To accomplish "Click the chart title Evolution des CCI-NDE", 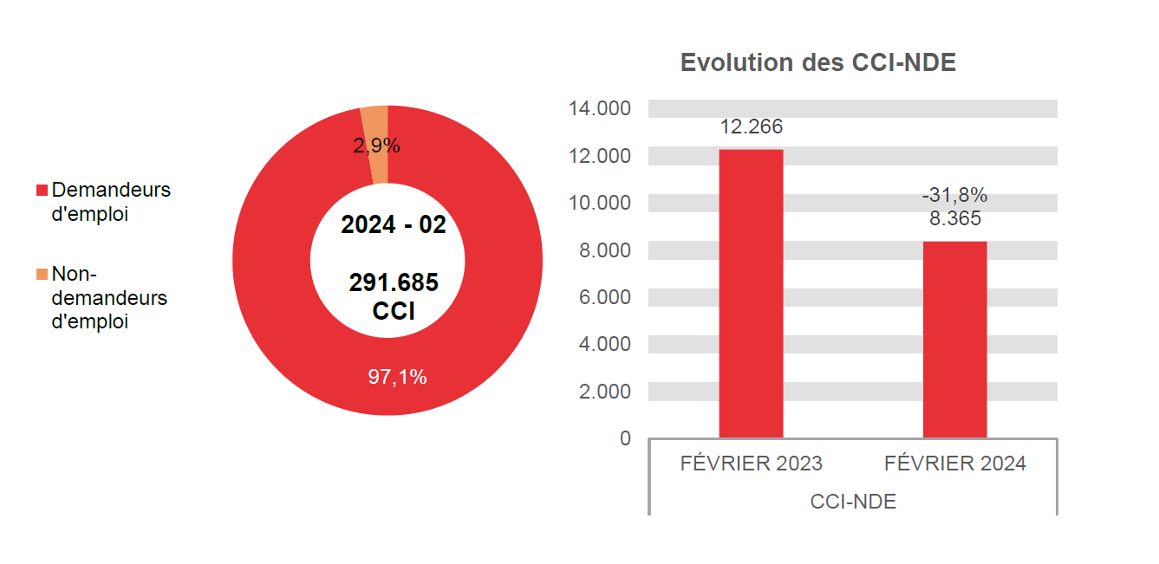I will point(817,62).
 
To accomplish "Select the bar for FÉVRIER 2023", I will point(751,295).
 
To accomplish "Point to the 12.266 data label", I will point(751,127).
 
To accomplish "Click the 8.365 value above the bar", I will point(954,218).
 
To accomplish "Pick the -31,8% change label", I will point(954,196).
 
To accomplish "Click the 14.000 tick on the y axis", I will point(599,109).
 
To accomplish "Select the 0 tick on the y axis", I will point(625,438).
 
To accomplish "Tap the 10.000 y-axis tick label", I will point(599,203).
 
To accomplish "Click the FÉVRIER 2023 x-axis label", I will point(751,464).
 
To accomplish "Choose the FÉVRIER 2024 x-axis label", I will point(954,464).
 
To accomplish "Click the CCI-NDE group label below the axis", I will point(853,502).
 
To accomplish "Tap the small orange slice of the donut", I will point(375,121).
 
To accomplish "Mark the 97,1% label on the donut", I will point(397,378).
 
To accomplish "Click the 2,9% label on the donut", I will point(376,146).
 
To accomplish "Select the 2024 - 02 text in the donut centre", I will point(394,225).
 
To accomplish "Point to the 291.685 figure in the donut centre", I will point(394,282).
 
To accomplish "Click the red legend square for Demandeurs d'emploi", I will point(41,190).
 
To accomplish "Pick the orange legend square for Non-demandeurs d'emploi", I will point(41,275).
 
